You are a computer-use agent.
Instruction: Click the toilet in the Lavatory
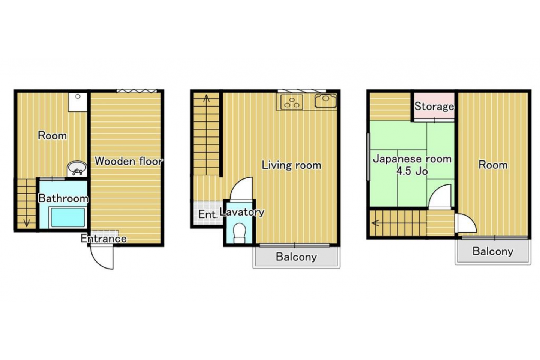[239, 233]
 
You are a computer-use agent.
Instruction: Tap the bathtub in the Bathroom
[68, 217]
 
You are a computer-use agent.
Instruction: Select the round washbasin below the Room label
[77, 168]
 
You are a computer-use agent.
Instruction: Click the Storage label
[434, 106]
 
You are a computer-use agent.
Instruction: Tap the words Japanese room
[412, 159]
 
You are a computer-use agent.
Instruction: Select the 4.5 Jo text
[412, 171]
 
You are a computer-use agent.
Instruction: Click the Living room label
[291, 165]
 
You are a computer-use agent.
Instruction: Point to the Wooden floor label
[129, 161]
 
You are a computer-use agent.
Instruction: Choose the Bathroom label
[63, 199]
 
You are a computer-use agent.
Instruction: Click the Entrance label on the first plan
[103, 239]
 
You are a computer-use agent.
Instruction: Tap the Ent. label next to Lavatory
[208, 214]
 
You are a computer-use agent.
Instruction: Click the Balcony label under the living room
[296, 256]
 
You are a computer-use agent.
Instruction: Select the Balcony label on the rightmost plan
[493, 251]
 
